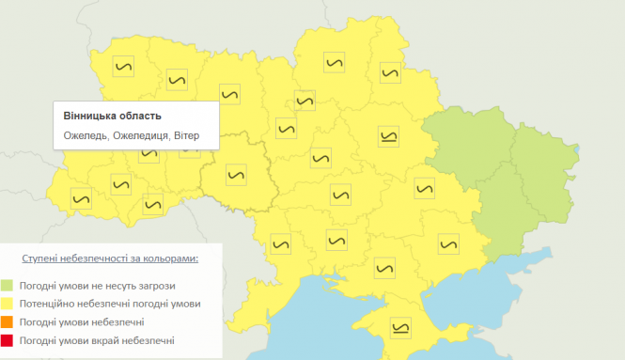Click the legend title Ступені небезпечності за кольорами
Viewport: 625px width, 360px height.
111,257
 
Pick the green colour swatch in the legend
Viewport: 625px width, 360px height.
8,285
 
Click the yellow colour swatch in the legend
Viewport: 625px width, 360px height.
8,303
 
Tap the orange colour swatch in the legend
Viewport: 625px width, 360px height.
8,321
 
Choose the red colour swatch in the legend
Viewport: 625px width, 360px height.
8,339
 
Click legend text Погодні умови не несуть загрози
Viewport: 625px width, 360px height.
97,285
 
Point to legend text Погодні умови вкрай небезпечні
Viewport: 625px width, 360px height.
97,339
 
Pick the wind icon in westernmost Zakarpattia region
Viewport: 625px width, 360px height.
82,198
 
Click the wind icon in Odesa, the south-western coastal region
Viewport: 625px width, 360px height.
279,243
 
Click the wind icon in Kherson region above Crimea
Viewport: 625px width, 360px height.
383,269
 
